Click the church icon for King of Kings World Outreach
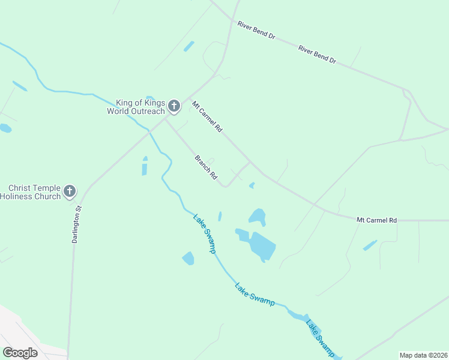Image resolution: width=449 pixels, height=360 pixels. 174,106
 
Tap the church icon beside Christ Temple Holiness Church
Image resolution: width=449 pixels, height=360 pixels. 70,191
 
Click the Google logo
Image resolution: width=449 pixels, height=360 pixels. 20,353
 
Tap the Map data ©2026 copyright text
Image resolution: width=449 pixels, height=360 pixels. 423,355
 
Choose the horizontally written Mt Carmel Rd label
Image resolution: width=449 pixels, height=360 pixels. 376,220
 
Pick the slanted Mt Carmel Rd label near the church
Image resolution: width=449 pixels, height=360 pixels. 207,116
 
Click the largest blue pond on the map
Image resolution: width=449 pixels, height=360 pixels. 262,246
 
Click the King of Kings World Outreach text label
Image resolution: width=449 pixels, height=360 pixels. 136,107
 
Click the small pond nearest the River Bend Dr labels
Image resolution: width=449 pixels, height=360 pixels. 189,46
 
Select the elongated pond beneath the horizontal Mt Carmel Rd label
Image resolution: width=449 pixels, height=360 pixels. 370,245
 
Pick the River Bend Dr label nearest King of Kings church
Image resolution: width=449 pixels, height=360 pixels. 256,31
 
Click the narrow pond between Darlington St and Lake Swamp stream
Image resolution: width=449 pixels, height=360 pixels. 145,166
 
